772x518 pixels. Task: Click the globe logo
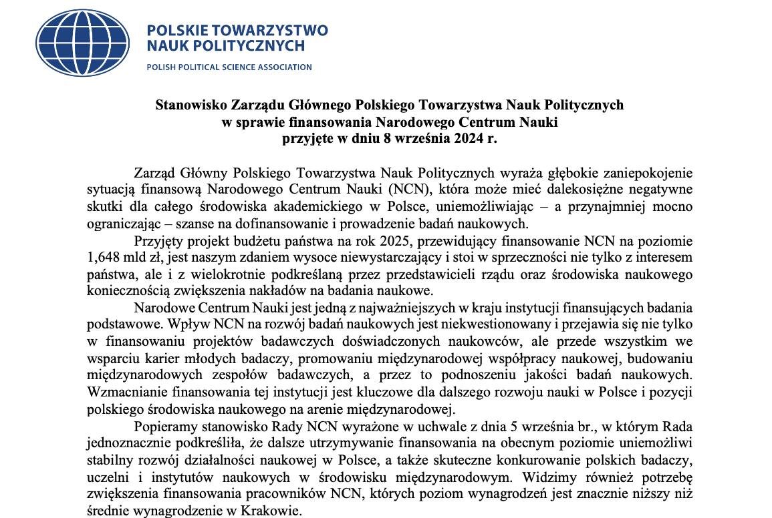(x=82, y=38)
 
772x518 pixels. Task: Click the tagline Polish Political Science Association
(x=229, y=67)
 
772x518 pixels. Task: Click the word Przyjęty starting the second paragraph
(x=158, y=240)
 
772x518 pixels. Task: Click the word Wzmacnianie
(x=125, y=391)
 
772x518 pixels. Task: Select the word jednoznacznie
(x=128, y=443)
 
